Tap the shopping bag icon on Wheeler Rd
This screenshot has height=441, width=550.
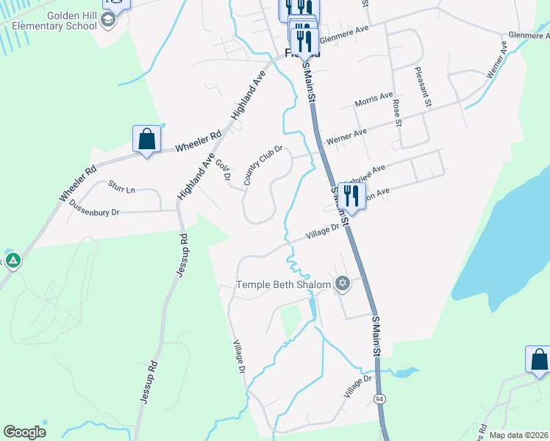146,138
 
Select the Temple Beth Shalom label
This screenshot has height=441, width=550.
283,284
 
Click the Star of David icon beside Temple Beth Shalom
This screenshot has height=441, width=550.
342,283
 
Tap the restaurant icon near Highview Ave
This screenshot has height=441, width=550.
351,196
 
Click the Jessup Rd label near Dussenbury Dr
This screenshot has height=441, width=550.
182,254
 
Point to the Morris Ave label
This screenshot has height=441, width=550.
374,99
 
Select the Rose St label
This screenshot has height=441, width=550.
397,113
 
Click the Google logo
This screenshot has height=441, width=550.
24,432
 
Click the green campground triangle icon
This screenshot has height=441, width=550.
12,260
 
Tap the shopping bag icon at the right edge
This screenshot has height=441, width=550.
538,359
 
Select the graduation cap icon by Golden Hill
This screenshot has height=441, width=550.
109,19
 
